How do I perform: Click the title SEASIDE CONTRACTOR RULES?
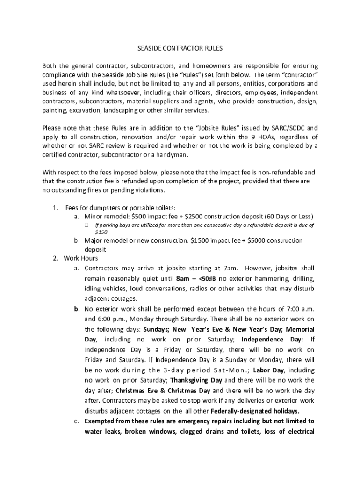pos(180,48)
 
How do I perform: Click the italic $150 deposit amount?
pos(101,232)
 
